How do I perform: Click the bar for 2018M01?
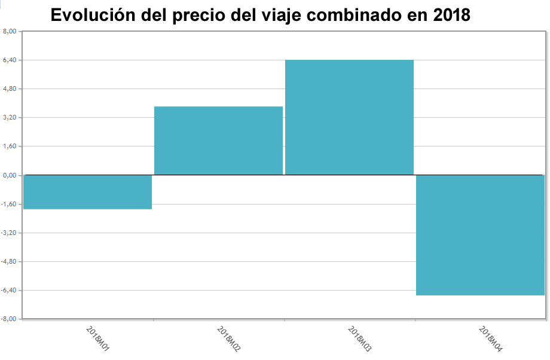87,192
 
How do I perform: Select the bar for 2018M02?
218,141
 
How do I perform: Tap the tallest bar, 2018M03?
349,117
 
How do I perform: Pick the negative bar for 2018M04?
480,235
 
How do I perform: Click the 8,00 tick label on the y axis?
10,31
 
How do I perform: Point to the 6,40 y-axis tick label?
10,60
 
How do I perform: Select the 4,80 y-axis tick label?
10,89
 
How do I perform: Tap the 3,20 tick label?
10,117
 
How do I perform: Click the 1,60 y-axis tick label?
10,146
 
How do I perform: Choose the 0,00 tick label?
10,175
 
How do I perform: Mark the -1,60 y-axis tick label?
10,204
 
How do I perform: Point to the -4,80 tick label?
10,261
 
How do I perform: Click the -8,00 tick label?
10,319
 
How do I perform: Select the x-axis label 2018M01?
97,338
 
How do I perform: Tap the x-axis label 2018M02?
228,338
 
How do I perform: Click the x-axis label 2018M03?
359,338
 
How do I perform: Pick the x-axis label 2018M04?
490,338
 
